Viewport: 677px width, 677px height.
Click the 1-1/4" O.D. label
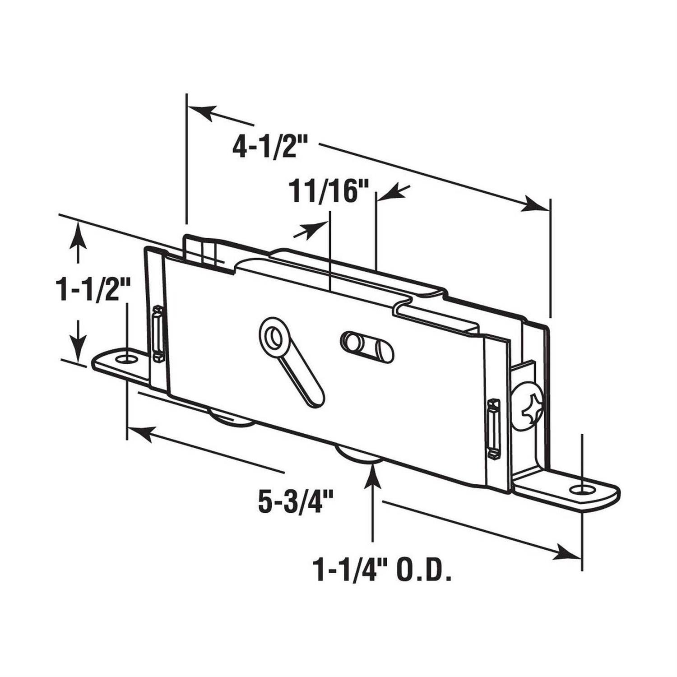pyautogui.click(x=382, y=570)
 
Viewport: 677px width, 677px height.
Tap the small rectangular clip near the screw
pyautogui.click(x=495, y=429)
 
